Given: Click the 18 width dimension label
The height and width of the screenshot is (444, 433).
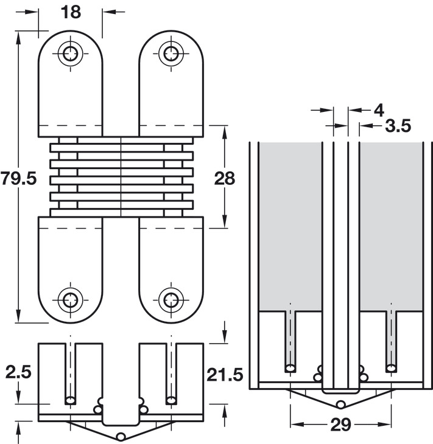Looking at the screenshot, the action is point(71,12).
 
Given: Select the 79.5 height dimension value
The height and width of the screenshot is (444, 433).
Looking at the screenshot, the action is point(19,179).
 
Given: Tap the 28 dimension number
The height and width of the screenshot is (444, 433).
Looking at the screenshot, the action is point(225,179).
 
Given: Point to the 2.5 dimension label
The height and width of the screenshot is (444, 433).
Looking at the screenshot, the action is point(18,372).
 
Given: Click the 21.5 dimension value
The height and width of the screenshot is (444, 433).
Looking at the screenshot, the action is point(225,375).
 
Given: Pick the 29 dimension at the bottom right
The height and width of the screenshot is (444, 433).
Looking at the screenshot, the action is point(340,425).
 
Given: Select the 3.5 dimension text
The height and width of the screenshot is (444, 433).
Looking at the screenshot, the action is point(398,126).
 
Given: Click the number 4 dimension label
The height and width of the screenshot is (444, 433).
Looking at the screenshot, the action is point(379,110).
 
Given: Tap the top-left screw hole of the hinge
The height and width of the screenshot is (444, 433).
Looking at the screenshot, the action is point(70,53).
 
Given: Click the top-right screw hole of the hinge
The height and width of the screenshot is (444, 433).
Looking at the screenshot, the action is point(171,53).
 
